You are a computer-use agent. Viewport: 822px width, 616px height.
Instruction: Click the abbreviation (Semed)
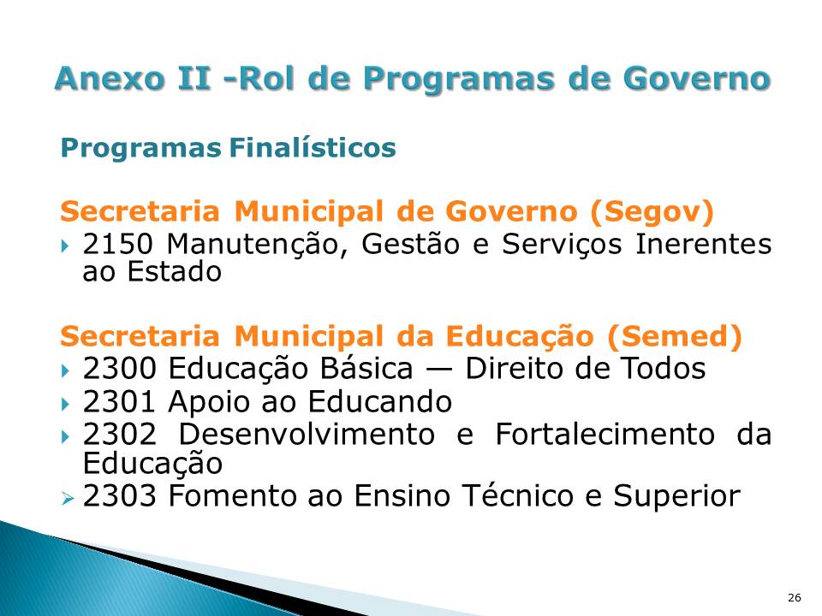676,337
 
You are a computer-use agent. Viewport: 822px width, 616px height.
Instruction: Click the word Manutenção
258,245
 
